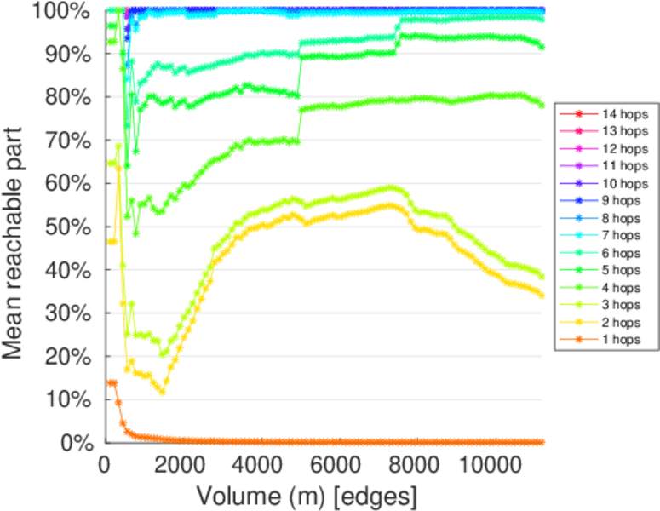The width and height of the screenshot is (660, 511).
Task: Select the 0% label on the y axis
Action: (x=78, y=443)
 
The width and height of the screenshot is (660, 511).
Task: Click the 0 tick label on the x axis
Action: (x=104, y=465)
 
